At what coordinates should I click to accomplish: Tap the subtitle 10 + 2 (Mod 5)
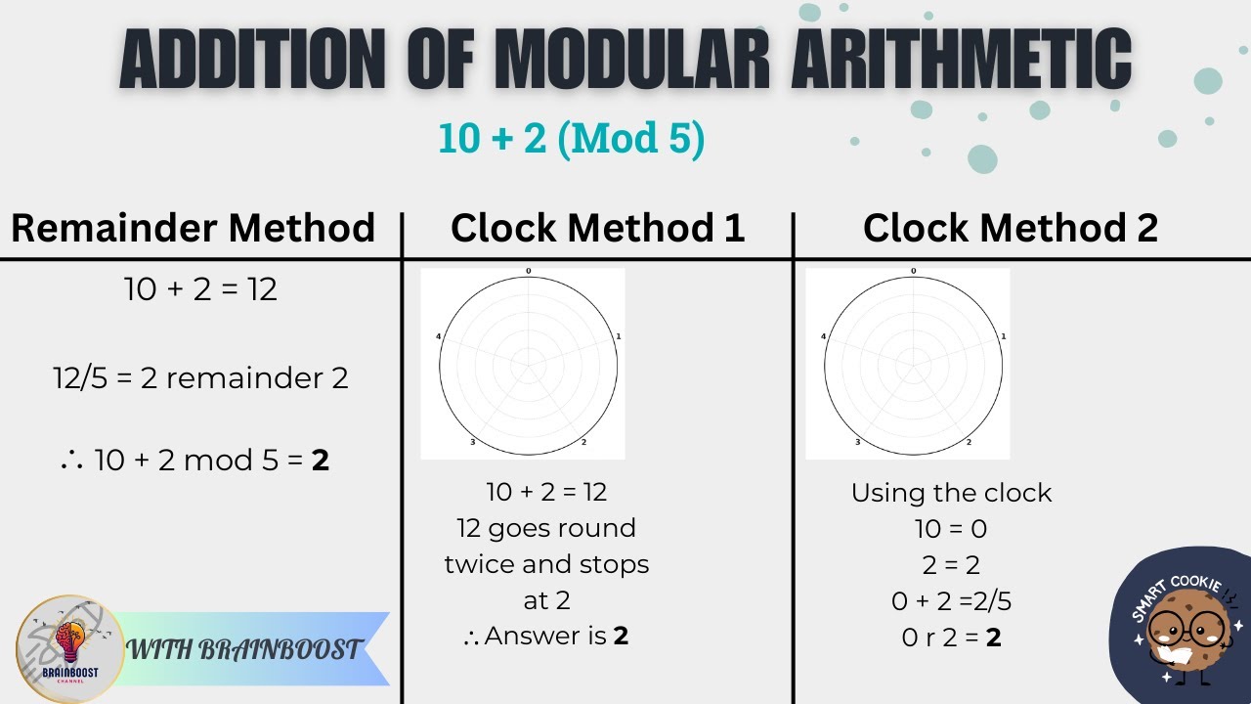pos(572,139)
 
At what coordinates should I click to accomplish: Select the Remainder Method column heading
pos(193,228)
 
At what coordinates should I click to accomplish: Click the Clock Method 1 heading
pos(597,228)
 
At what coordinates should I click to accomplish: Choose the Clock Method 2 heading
pos(1010,228)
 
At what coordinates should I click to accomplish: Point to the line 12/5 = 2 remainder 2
pos(200,377)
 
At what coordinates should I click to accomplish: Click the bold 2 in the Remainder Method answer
pos(320,460)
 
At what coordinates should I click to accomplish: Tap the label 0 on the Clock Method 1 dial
pos(529,271)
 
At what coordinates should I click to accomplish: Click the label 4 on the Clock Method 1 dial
pos(438,337)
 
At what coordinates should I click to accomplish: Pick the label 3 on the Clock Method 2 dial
pos(858,443)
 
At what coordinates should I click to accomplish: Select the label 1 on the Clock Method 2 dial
pos(1004,337)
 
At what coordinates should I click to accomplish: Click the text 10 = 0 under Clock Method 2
pos(950,529)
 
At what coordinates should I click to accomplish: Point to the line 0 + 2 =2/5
pos(950,601)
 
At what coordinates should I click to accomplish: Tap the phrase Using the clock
pos(951,493)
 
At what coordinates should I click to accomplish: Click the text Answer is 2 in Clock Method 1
pos(547,637)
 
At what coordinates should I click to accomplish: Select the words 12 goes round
pos(546,528)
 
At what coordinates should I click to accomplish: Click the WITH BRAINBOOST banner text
pos(245,649)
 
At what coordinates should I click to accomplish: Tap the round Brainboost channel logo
pos(69,648)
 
